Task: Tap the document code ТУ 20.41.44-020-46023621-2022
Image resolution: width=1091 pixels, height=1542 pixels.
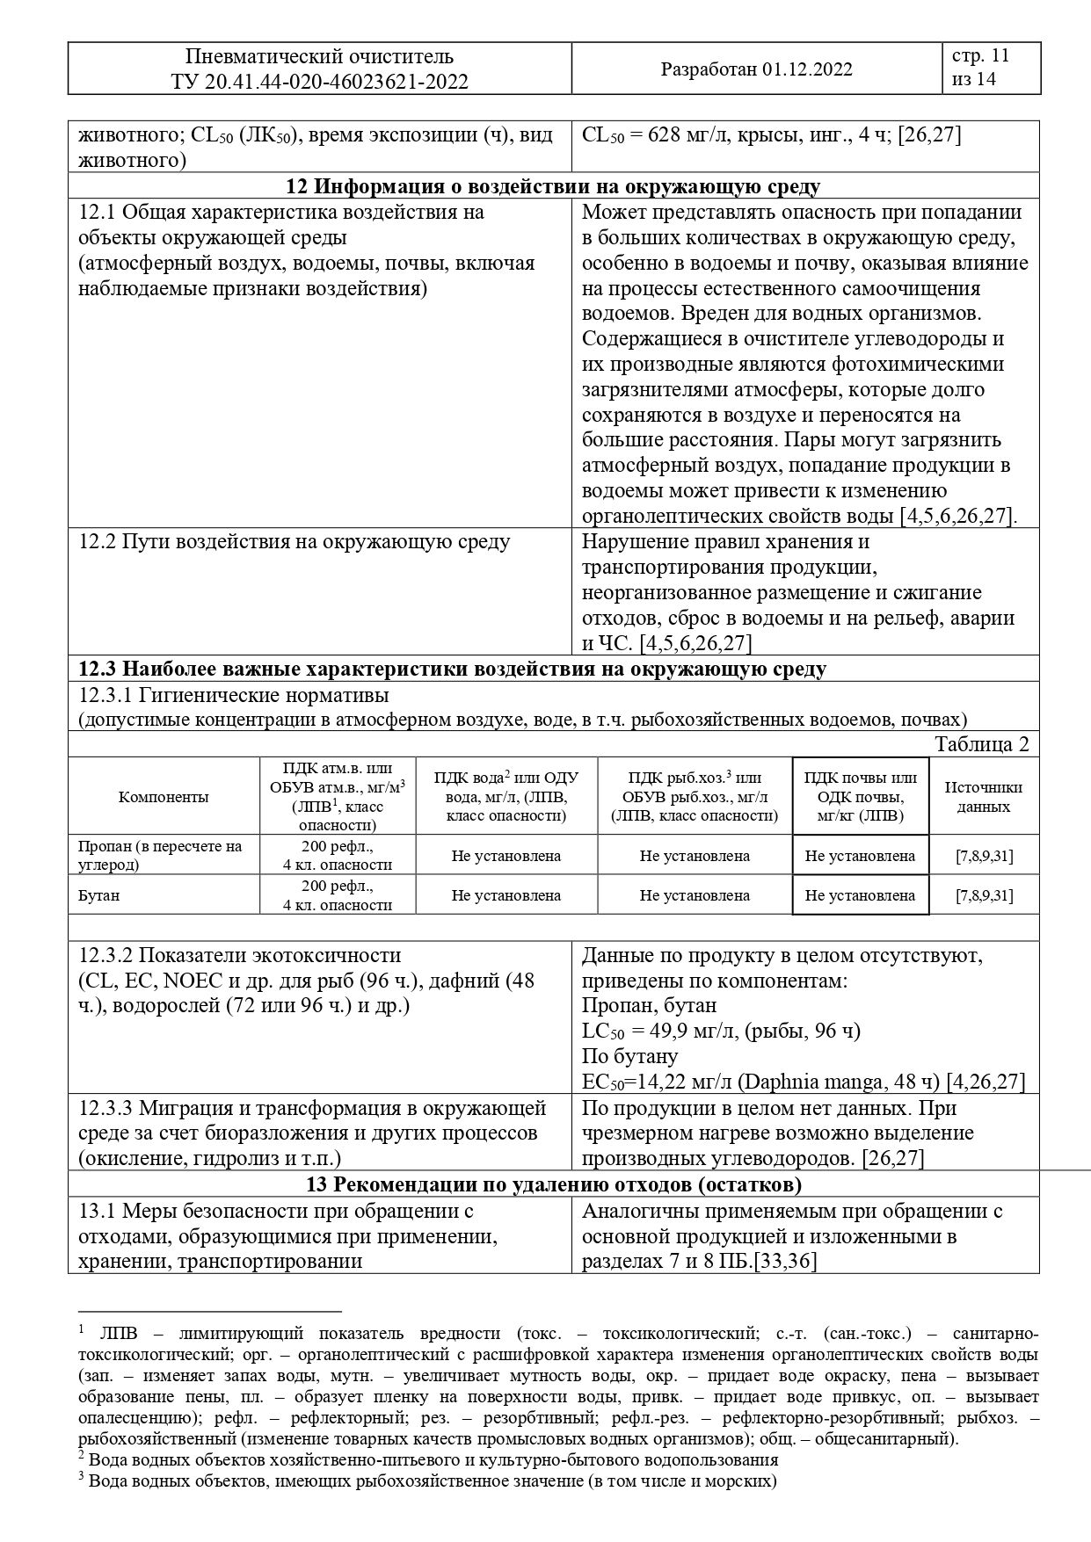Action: click(x=319, y=83)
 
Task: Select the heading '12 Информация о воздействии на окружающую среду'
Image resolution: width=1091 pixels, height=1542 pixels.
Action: click(x=554, y=186)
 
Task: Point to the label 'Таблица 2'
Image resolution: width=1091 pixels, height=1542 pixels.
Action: click(x=981, y=744)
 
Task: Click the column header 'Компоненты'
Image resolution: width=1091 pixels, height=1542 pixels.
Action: click(x=164, y=797)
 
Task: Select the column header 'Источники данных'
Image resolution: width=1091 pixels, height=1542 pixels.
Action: click(x=984, y=797)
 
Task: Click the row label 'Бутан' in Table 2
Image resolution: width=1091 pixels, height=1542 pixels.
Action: click(x=98, y=896)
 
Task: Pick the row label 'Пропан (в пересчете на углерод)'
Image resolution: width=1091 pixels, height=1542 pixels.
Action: click(x=159, y=855)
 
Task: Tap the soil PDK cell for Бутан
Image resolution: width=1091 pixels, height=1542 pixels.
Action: click(x=860, y=896)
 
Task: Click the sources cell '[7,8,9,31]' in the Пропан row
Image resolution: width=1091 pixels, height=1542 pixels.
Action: click(x=984, y=856)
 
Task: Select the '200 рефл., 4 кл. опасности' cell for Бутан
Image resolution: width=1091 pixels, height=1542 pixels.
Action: click(x=338, y=896)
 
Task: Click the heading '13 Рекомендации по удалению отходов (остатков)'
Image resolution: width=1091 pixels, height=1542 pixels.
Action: click(x=554, y=1185)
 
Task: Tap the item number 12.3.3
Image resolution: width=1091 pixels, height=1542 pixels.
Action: click(x=106, y=1108)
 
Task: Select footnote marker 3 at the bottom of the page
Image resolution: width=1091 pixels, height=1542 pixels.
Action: click(x=80, y=1479)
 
